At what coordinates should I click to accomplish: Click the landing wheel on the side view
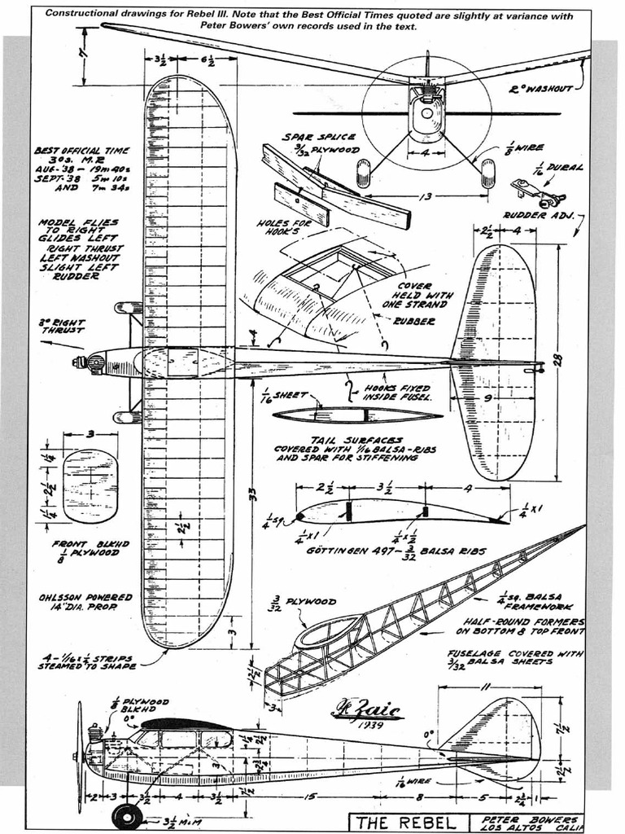click(127, 815)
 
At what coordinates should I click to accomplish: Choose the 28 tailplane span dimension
click(558, 359)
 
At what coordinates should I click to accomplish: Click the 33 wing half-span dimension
click(251, 494)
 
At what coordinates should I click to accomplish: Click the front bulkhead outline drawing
click(90, 486)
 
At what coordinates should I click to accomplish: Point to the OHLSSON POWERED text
click(85, 598)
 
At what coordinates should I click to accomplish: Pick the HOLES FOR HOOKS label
click(281, 227)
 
